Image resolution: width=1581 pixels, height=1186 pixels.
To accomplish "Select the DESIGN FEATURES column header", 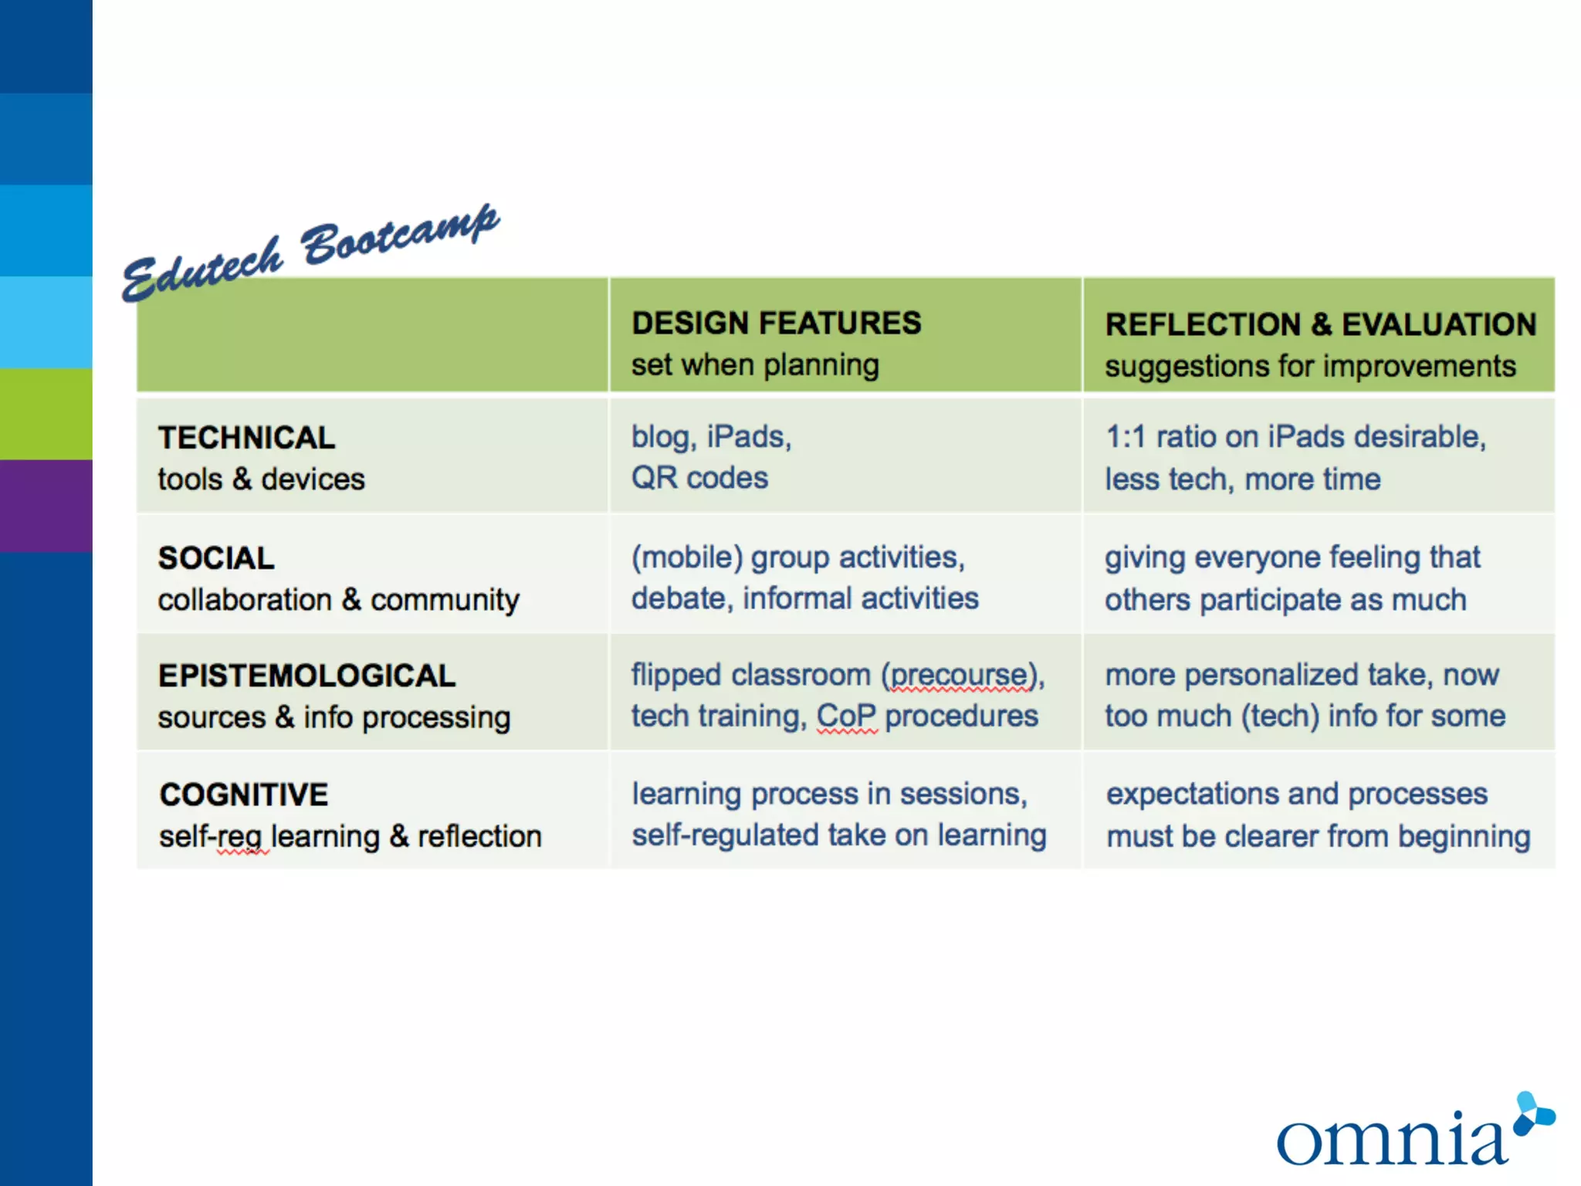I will pyautogui.click(x=776, y=324).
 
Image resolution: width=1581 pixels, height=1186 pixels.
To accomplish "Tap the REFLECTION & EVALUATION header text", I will pyautogui.click(x=1320, y=325).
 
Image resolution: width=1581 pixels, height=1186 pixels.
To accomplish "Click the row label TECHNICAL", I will pyautogui.click(x=246, y=438).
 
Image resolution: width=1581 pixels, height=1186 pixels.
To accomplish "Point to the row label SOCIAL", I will pyautogui.click(x=216, y=558).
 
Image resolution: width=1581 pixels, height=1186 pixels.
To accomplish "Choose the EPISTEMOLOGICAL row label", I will pyautogui.click(x=306, y=676).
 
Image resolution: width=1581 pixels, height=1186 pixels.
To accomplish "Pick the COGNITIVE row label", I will pyautogui.click(x=243, y=795).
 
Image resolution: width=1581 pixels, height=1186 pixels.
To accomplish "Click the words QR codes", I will pyautogui.click(x=699, y=478).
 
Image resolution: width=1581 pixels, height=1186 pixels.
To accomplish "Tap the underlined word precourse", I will pyautogui.click(x=960, y=676).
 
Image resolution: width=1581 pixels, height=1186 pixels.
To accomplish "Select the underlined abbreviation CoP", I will pyautogui.click(x=846, y=717).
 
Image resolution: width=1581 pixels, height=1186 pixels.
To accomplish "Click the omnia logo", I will pyautogui.click(x=1413, y=1133).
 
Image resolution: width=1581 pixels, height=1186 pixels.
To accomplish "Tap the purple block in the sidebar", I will pyautogui.click(x=46, y=506).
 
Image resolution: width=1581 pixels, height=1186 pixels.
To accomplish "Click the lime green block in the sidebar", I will pyautogui.click(x=46, y=414).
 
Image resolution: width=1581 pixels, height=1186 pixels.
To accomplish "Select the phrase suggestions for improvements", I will pyautogui.click(x=1310, y=366).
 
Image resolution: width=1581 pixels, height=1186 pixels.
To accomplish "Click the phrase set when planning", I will pyautogui.click(x=755, y=364).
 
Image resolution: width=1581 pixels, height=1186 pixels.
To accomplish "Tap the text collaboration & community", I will pyautogui.click(x=338, y=600).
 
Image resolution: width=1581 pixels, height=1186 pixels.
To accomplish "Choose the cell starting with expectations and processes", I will pyautogui.click(x=1317, y=815).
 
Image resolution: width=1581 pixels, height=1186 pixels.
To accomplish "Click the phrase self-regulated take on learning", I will pyautogui.click(x=838, y=835).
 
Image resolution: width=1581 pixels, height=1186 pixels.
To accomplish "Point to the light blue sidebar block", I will pyautogui.click(x=46, y=322).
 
